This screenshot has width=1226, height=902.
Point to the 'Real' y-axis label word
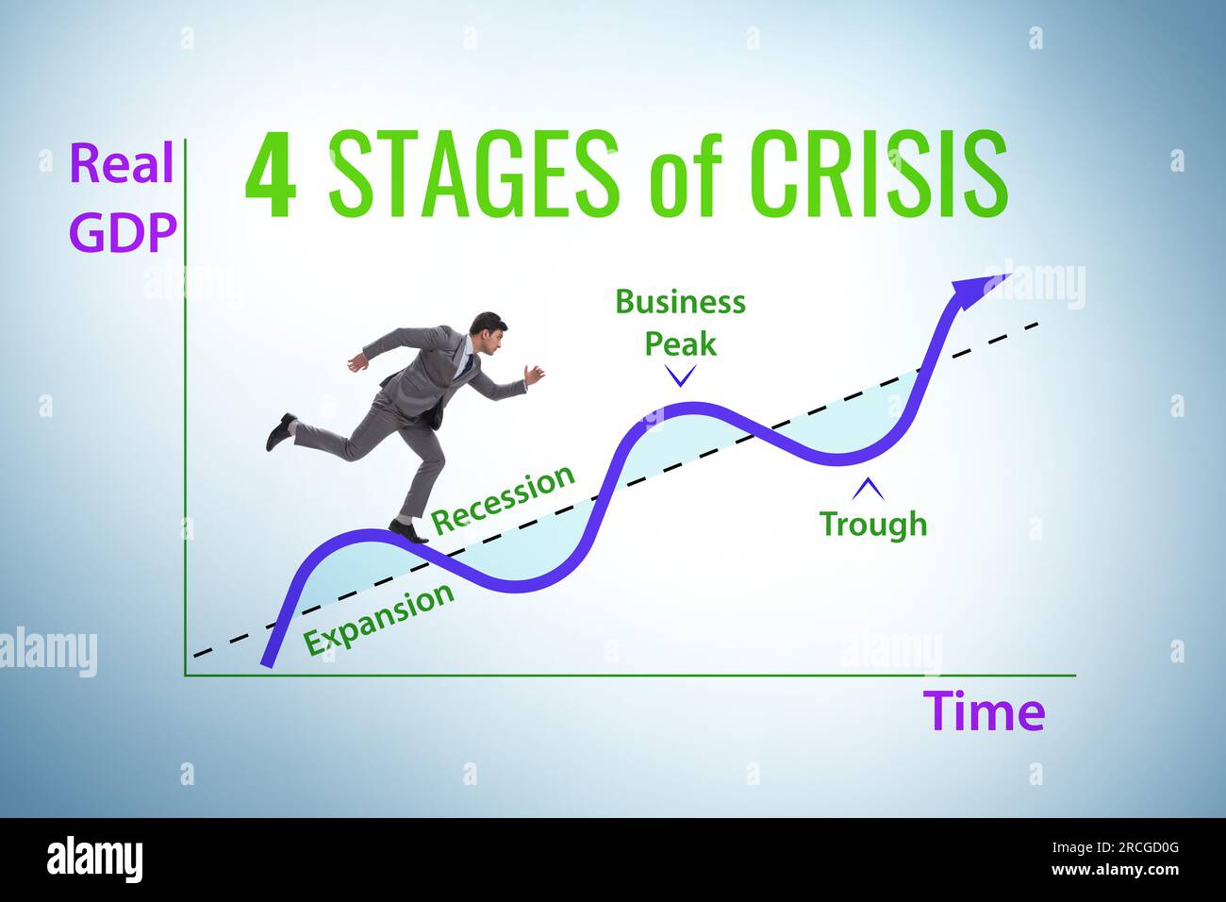click(x=122, y=164)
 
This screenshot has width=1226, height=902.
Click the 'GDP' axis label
click(x=124, y=232)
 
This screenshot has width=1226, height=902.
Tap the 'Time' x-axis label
click(x=984, y=710)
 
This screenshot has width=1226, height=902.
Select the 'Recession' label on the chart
click(x=503, y=497)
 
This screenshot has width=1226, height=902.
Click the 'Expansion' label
click(x=379, y=619)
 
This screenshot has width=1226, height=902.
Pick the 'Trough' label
click(x=872, y=523)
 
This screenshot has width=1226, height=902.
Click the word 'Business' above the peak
click(x=680, y=302)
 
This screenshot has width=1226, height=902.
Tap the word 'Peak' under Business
click(x=680, y=343)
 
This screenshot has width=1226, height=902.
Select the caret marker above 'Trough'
click(x=868, y=489)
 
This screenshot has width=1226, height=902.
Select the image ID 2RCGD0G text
click(x=1131, y=847)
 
